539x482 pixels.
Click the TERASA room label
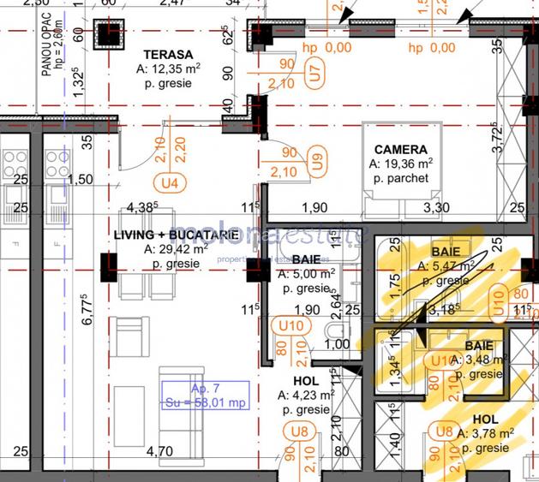pos(167,53)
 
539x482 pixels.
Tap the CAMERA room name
pos(400,149)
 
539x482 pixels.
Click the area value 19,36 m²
pos(401,164)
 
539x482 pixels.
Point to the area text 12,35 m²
pos(169,68)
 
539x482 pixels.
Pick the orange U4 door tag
pos(168,181)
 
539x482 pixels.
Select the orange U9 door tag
pos(317,161)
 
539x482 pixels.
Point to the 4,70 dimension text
pos(159,451)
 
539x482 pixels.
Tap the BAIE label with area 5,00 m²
pos(305,259)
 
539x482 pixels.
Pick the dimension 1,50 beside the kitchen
pos(80,180)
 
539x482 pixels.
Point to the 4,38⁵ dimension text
pos(143,207)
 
